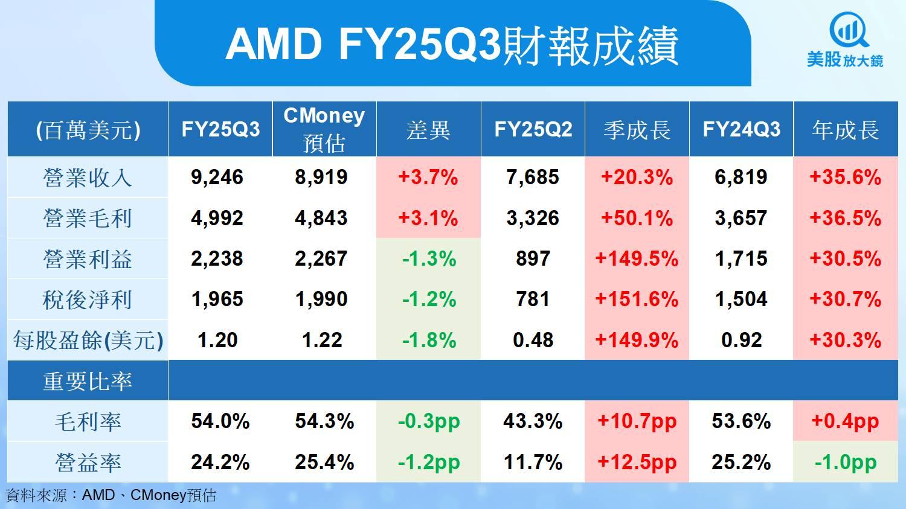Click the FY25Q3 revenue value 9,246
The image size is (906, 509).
[217, 178]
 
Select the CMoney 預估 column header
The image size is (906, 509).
[324, 129]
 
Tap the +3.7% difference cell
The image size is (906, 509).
[428, 178]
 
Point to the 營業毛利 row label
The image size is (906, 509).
[88, 219]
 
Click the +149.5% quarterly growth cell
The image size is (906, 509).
[637, 259]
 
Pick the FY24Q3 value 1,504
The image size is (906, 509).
[741, 299]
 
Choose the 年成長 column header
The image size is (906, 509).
[845, 130]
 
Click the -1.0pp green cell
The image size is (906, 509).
[845, 463]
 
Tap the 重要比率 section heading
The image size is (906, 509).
[88, 382]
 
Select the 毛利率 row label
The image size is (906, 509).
[88, 421]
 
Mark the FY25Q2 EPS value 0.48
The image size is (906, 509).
[533, 341]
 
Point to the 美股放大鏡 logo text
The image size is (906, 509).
[845, 60]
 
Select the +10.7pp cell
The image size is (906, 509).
[637, 421]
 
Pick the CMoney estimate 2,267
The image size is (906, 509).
[321, 259]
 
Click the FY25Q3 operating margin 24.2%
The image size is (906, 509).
[220, 463]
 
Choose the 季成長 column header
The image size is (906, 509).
[637, 130]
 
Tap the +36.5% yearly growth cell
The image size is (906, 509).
[845, 219]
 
